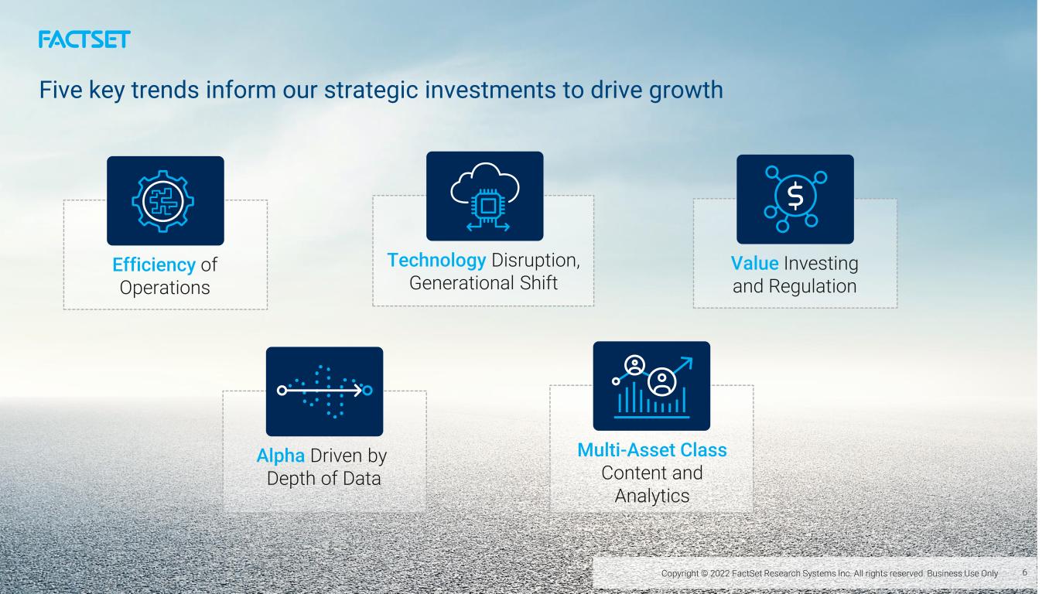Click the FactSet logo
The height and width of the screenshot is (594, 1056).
point(84,39)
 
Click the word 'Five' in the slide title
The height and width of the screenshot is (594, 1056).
point(60,90)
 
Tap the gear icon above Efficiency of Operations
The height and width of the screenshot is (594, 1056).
point(162,201)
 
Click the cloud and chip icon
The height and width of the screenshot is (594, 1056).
point(485,196)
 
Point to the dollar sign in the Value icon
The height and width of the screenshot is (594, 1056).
point(795,195)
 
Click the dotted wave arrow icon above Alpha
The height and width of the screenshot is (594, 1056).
point(325,391)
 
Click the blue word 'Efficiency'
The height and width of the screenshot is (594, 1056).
point(154,265)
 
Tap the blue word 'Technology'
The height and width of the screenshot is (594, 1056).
point(436,260)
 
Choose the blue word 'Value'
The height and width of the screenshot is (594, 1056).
point(755,263)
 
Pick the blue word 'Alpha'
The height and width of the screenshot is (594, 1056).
point(281,456)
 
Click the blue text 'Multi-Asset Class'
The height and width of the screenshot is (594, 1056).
point(652,449)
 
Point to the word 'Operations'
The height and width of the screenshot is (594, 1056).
point(165,288)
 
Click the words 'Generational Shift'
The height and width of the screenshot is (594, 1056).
point(484,283)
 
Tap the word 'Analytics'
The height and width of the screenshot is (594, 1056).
point(652,496)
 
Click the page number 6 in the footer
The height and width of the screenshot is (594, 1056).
point(1024,572)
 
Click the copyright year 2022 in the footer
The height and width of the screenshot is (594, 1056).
point(720,573)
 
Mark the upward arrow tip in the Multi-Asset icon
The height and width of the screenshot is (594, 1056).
point(692,358)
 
